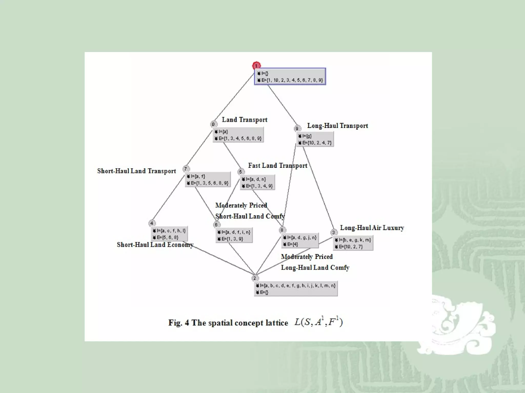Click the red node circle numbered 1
tap(256, 66)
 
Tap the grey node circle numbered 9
tap(297, 128)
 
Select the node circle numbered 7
tap(186, 169)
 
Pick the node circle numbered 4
tap(152, 223)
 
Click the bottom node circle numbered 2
tap(255, 278)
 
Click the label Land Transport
tap(244, 120)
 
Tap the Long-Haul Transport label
tap(337, 126)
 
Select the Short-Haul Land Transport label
tap(136, 171)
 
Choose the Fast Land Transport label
tap(277, 166)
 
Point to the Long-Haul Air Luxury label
tap(372, 228)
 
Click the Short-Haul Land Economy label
tap(155, 245)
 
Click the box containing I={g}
tap(315, 139)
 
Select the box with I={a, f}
tap(208, 180)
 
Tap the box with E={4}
tap(300, 241)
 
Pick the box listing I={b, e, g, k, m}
tap(353, 243)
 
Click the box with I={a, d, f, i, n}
tap(234, 235)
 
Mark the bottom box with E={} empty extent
tap(296, 289)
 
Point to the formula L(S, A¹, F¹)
tap(318, 322)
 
